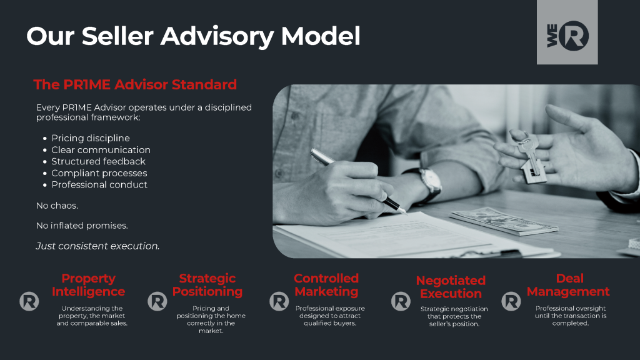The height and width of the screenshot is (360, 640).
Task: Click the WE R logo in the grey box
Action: [x=567, y=36]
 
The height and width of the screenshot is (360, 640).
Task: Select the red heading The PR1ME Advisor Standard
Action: [x=135, y=84]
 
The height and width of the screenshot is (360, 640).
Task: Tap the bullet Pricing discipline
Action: [x=91, y=138]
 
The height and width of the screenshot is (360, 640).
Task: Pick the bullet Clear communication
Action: [x=101, y=150]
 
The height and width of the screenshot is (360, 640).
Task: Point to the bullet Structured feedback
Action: [x=98, y=161]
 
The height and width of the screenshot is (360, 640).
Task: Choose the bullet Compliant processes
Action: [x=99, y=173]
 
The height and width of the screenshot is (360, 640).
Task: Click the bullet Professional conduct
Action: [x=99, y=184]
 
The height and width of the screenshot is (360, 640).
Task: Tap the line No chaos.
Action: [x=57, y=206]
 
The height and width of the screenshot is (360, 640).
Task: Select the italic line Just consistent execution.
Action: [x=97, y=246]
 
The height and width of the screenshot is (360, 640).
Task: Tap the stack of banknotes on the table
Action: [x=497, y=221]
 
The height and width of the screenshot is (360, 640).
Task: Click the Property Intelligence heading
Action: [x=88, y=285]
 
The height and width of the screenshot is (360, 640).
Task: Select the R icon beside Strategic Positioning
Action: [x=157, y=301]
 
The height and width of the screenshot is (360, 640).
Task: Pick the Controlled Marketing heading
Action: [x=326, y=285]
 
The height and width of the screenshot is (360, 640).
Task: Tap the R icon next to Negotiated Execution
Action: [x=401, y=301]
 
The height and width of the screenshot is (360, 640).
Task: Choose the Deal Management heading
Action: [x=567, y=285]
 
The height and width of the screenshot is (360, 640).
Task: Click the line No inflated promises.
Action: [x=82, y=226]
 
